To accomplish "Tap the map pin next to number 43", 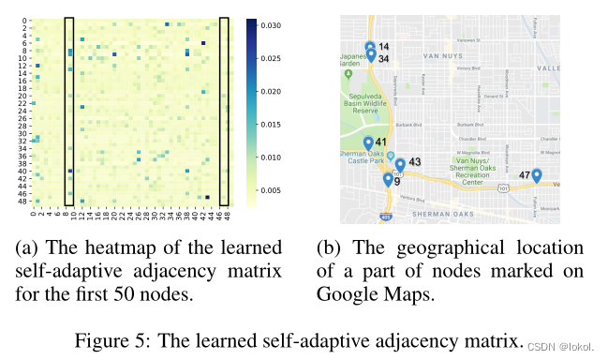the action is (x=399, y=164).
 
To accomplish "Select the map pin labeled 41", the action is (x=367, y=142).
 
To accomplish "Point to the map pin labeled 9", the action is (x=388, y=179).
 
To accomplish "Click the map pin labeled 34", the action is (x=371, y=55).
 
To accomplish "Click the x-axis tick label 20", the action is (x=111, y=215).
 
